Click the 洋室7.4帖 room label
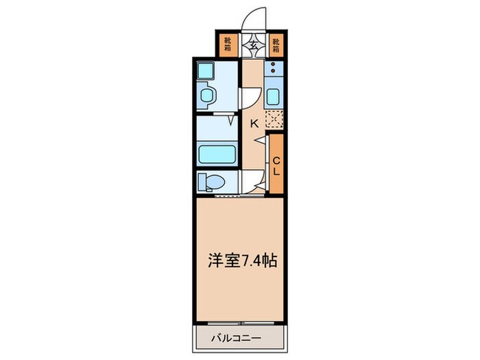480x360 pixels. tap(242, 261)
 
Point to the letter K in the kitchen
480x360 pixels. tap(253, 124)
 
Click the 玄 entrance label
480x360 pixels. tap(253, 47)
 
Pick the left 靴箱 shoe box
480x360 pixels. tap(227, 45)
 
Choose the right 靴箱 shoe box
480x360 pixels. tap(276, 45)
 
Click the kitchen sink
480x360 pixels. tap(274, 96)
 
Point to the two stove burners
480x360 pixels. tap(273, 69)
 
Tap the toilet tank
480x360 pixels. tap(202, 182)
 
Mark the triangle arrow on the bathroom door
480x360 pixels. tap(232, 119)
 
